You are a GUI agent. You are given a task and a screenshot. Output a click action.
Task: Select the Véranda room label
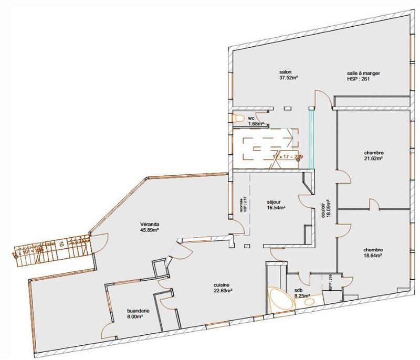pos(150,224)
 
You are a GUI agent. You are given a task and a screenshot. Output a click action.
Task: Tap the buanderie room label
pos(139,310)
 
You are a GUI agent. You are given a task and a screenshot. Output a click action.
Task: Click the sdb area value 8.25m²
pos(301,295)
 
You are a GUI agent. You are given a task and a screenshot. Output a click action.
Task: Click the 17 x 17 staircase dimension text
pos(286,156)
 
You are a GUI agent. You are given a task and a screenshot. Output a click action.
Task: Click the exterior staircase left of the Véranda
pos(52,248)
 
